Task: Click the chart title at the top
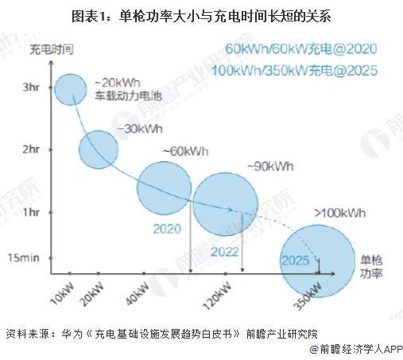click(x=201, y=14)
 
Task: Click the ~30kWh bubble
click(x=99, y=149)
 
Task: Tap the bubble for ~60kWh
click(x=165, y=188)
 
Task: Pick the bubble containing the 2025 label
click(x=317, y=261)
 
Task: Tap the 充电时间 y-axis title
click(x=52, y=50)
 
